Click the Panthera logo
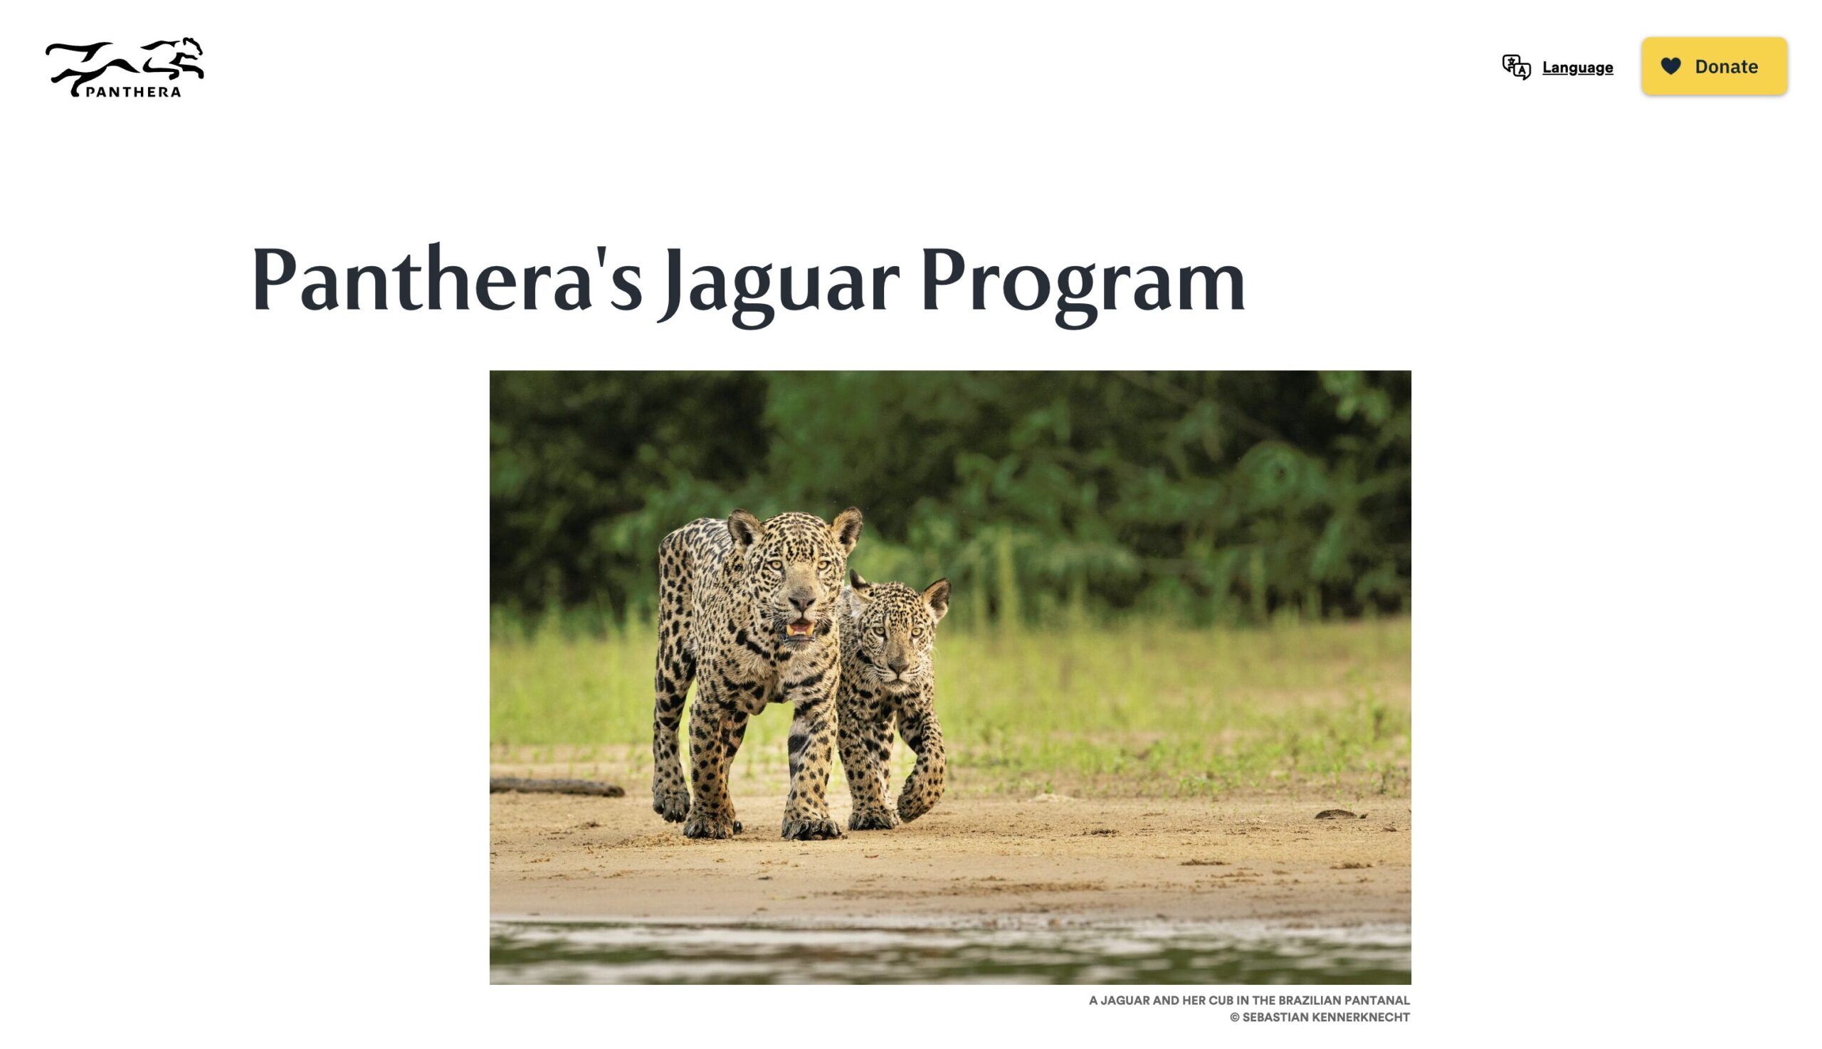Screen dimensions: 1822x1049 (124, 67)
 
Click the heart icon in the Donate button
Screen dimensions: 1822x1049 (1670, 66)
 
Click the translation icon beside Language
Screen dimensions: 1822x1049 (1516, 67)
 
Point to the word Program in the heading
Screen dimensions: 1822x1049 (1083, 283)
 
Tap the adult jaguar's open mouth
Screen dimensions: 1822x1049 (799, 629)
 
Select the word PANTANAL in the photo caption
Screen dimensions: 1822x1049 (1375, 1000)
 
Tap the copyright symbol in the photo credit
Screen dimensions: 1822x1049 (1234, 1017)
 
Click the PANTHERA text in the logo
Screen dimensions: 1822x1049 (133, 92)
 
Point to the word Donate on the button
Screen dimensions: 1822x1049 (1726, 66)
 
